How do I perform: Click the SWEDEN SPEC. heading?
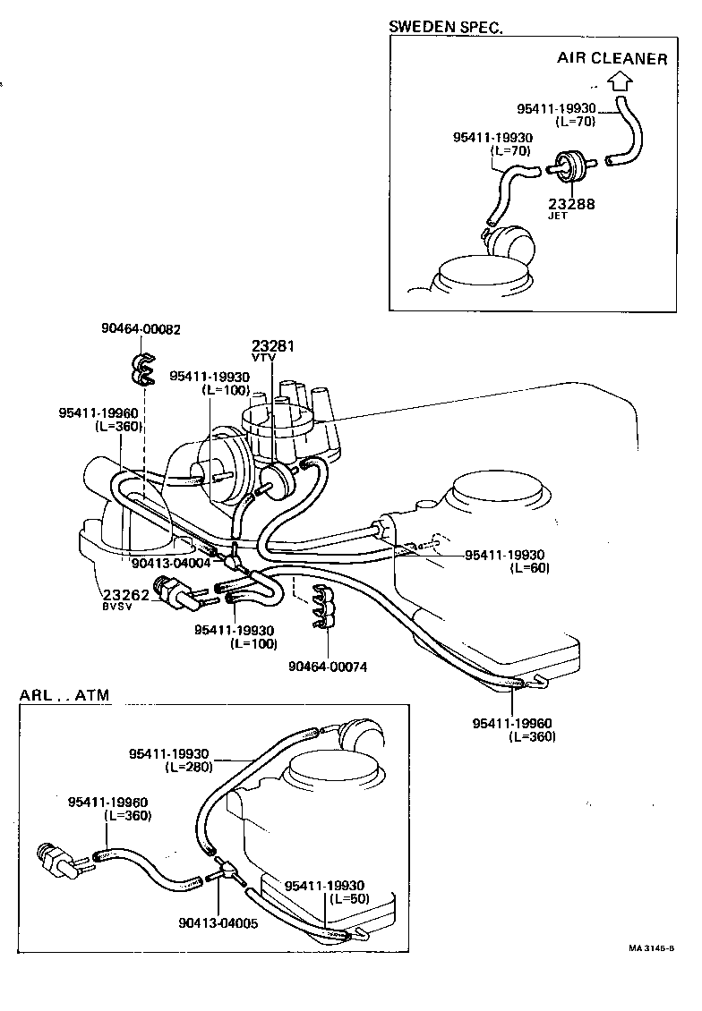click(445, 27)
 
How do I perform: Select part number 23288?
click(572, 203)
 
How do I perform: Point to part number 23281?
click(273, 345)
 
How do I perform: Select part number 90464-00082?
click(141, 329)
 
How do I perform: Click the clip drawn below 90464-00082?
click(141, 368)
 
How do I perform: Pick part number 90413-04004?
click(170, 563)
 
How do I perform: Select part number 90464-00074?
click(328, 666)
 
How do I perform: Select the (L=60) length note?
click(529, 567)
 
